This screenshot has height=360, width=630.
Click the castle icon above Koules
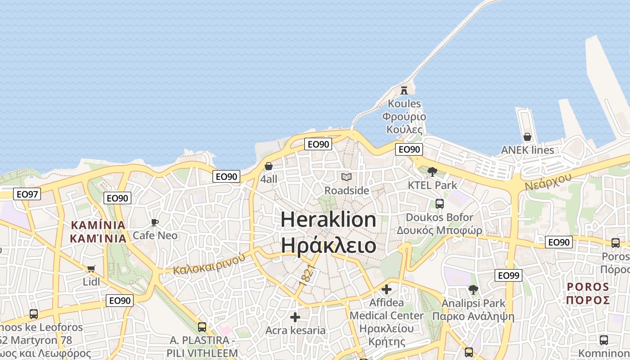(404, 90)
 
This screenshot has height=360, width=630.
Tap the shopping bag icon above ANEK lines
(527, 136)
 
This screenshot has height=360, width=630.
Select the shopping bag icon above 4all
(269, 166)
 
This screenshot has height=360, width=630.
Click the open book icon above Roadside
(346, 177)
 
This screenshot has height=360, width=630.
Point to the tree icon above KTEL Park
(432, 171)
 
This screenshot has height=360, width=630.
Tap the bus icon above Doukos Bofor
(440, 203)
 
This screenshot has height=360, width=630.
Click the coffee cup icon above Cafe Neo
(155, 222)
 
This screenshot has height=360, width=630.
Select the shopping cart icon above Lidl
(91, 269)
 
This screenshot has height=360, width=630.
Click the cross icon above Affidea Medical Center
(386, 289)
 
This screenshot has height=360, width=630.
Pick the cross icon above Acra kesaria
(295, 317)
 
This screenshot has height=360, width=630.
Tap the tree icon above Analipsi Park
(473, 289)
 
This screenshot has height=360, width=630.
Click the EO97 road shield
(27, 194)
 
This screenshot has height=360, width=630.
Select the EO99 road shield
(508, 275)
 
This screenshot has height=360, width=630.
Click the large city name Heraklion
(328, 220)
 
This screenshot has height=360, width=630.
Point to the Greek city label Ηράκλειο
(328, 246)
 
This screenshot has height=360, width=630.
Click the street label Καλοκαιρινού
(209, 264)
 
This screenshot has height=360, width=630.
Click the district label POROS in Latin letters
(588, 287)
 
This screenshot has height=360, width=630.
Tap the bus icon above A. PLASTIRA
(202, 327)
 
